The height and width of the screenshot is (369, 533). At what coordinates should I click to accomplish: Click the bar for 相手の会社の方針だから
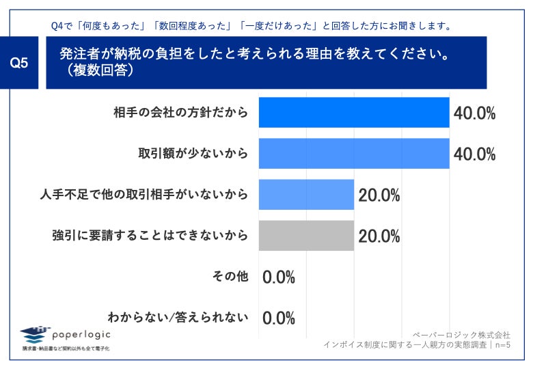coord(354,113)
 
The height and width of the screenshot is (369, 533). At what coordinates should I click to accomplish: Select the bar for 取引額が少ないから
coord(354,154)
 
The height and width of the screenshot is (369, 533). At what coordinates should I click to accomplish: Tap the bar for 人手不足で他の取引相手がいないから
coord(306,195)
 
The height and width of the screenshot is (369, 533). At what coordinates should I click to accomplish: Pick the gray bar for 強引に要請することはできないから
coord(306,236)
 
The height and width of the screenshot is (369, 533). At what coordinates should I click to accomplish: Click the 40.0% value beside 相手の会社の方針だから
coord(474,113)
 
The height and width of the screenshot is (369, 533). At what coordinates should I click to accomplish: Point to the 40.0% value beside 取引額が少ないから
coord(474,154)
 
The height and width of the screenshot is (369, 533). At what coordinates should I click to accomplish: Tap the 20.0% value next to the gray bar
coord(379,236)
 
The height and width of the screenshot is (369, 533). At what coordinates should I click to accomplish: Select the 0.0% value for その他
coord(278,277)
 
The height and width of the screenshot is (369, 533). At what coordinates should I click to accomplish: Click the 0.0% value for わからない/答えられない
coord(278,318)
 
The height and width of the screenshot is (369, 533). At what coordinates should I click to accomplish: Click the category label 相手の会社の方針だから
coord(180,113)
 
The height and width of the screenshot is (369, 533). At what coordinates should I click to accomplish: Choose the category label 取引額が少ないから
coord(193,154)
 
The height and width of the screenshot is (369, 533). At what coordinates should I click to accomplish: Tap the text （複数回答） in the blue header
coord(96,70)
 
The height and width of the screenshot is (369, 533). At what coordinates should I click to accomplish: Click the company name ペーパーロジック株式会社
coord(461,335)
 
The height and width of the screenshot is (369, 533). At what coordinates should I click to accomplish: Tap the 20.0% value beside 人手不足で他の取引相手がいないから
coord(379,195)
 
